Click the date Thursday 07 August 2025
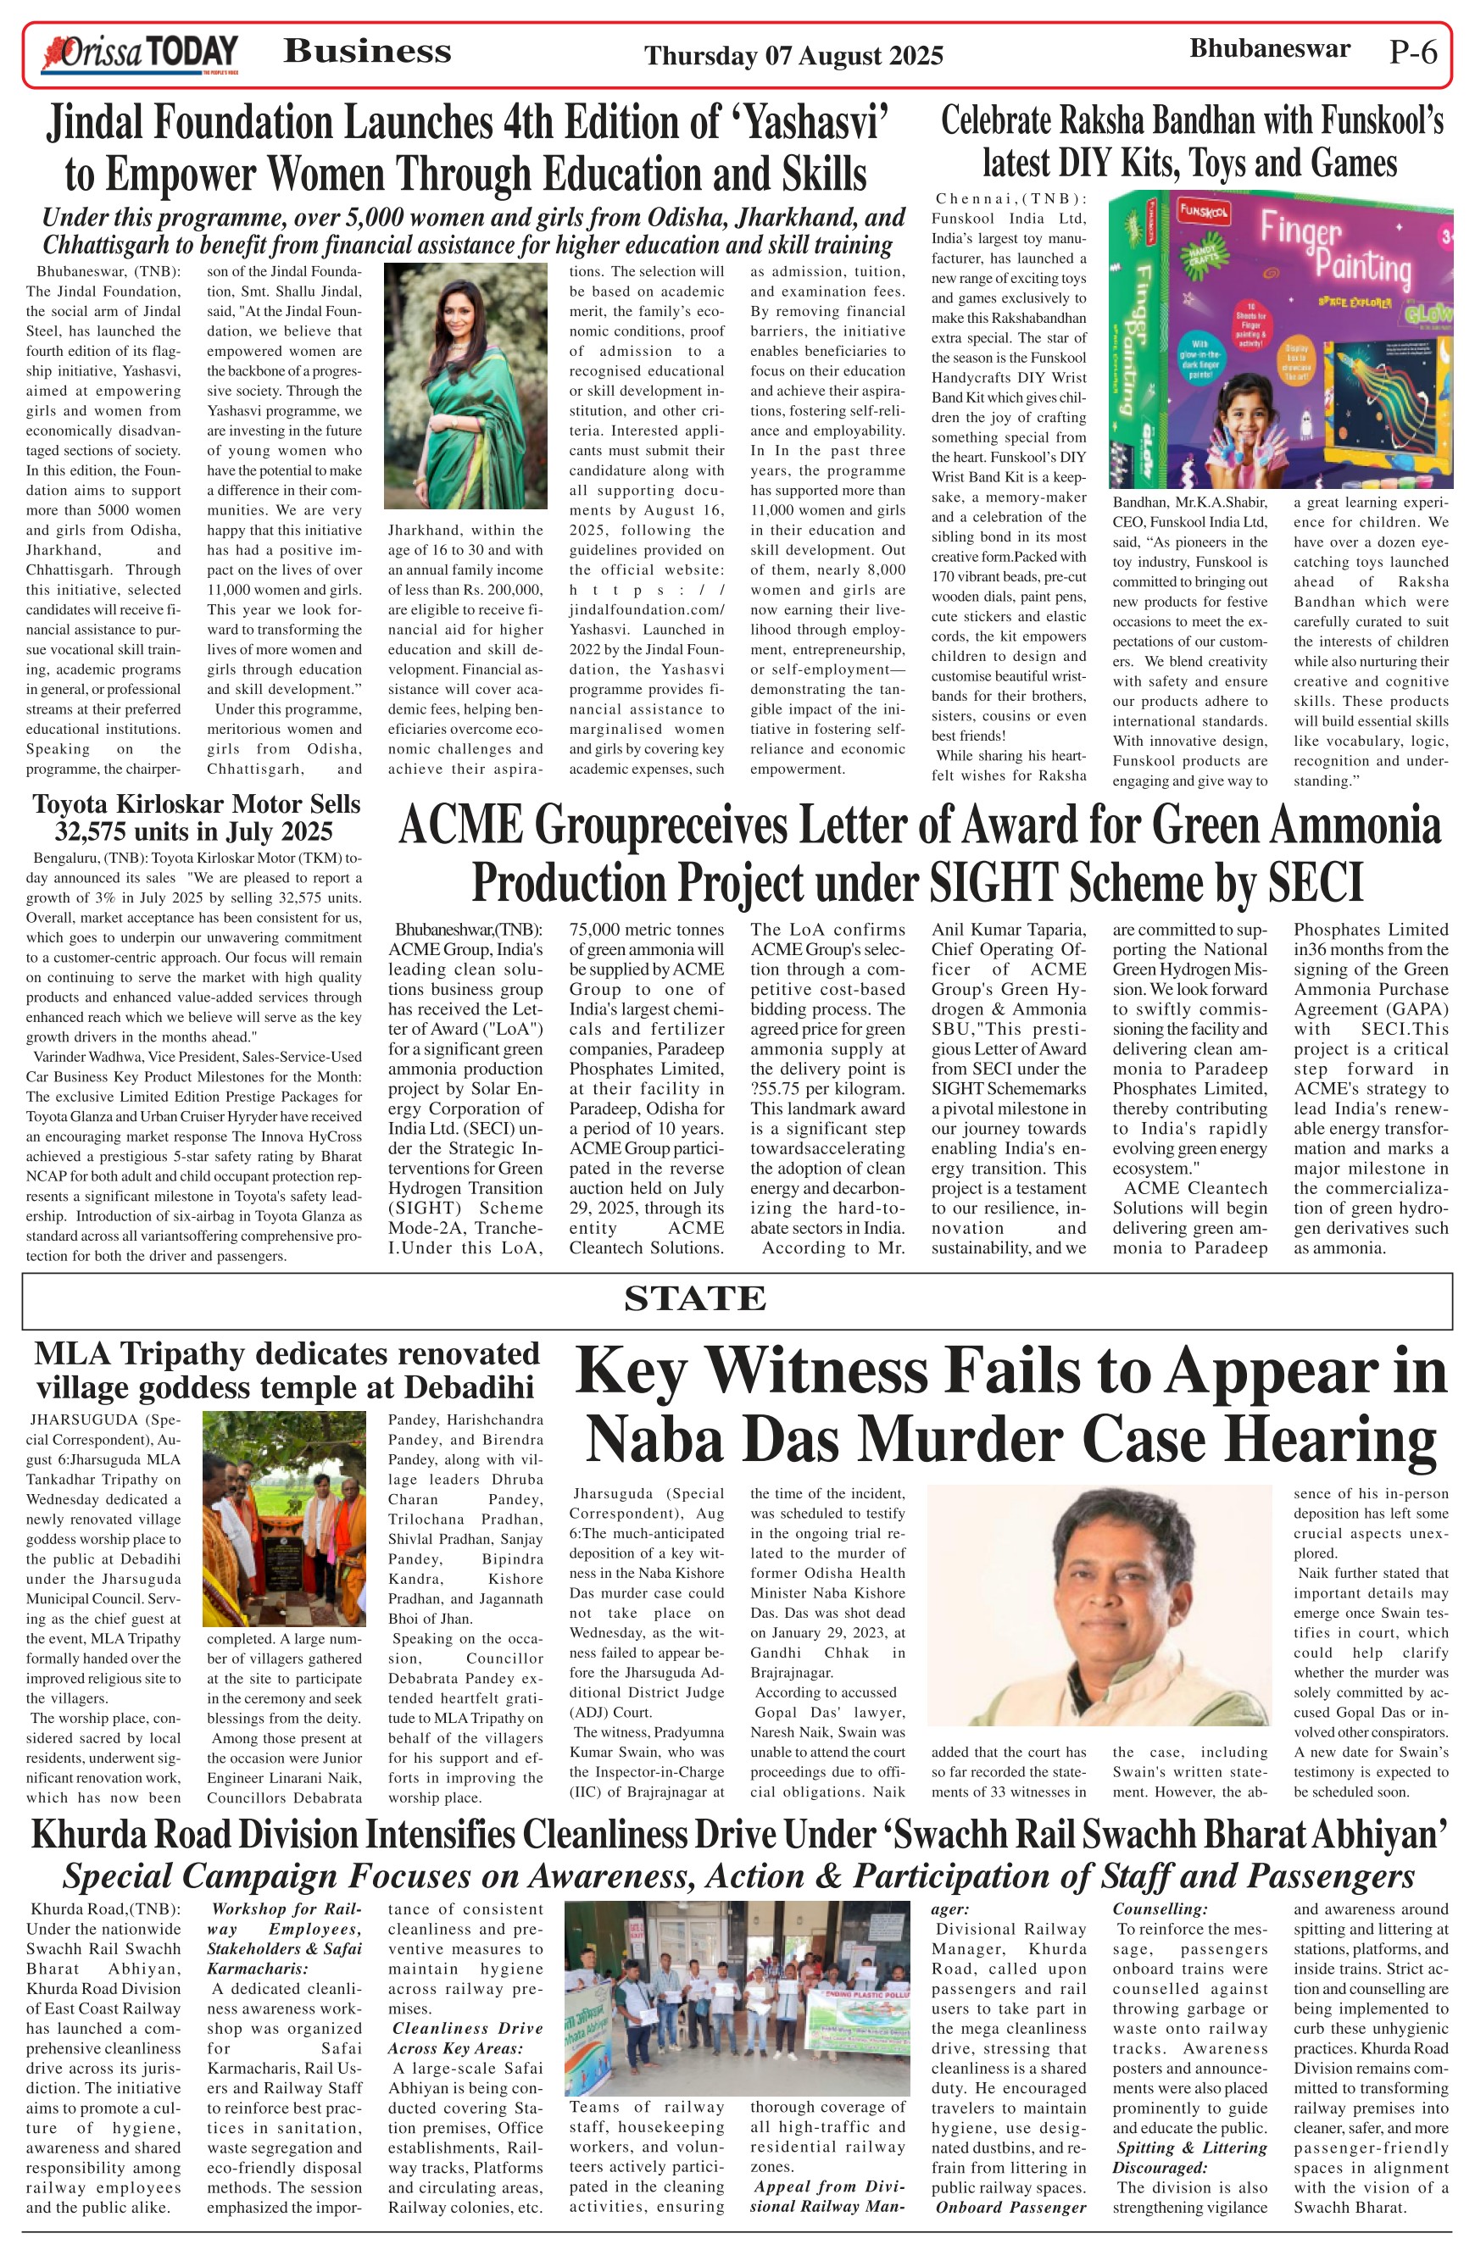pos(793,56)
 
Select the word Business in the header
pos(368,51)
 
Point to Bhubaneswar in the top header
pos(1269,48)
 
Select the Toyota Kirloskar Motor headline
pos(196,818)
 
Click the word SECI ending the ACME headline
pos(1313,883)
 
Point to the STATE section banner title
pos(695,1299)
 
